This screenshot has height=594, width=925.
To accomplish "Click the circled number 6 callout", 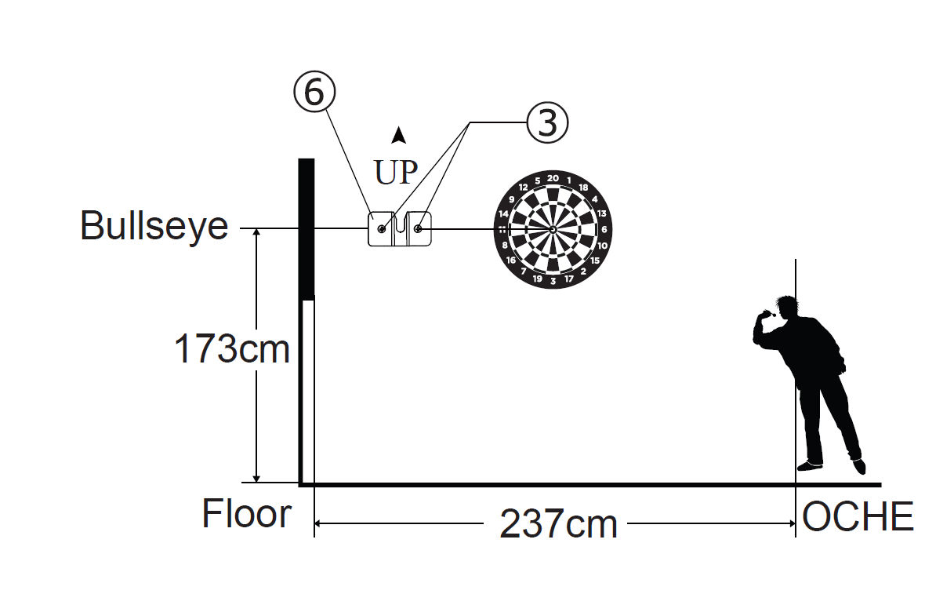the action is click(x=314, y=93).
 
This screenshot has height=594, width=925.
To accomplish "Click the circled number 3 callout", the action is click(x=547, y=123).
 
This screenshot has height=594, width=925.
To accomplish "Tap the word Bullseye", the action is click(x=154, y=225).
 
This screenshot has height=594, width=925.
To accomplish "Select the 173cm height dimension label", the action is click(x=232, y=349).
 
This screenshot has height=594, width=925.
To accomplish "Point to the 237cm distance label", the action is click(x=558, y=523).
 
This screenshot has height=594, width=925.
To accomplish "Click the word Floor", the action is click(x=247, y=514).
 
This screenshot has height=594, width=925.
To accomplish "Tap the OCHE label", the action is click(x=858, y=517).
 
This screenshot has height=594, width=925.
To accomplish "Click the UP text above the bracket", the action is click(x=396, y=173).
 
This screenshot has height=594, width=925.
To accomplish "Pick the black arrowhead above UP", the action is click(x=399, y=135).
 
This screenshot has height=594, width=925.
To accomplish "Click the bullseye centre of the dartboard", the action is click(x=553, y=229).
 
